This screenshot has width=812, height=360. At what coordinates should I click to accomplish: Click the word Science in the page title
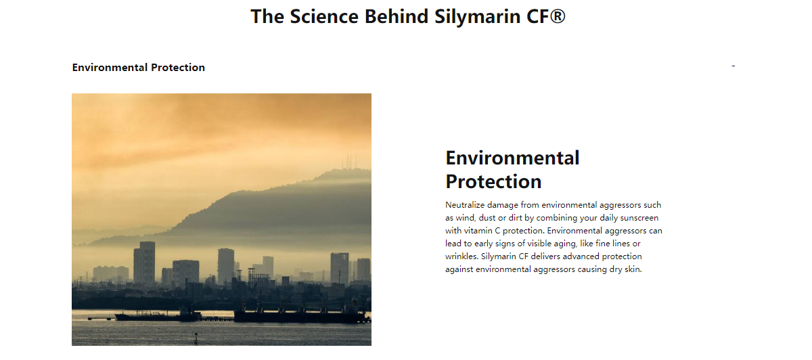tap(324, 16)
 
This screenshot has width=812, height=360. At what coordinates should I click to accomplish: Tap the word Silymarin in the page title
tap(478, 17)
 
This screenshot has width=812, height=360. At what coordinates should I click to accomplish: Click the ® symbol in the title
tap(557, 16)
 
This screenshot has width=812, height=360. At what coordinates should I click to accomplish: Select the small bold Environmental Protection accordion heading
tap(139, 68)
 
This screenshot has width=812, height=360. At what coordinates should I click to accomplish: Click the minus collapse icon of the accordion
tap(734, 66)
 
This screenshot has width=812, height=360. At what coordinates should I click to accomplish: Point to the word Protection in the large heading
tap(493, 181)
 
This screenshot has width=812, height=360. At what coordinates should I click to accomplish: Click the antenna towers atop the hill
tap(348, 160)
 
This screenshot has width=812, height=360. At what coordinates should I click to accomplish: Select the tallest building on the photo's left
tap(144, 263)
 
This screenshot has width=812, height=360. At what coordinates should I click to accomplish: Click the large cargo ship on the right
tap(302, 315)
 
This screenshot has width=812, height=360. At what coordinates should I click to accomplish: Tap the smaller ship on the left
tap(158, 315)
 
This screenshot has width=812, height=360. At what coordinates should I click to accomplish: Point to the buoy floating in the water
tap(196, 338)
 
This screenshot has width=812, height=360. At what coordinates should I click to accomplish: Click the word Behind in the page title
tap(397, 16)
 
